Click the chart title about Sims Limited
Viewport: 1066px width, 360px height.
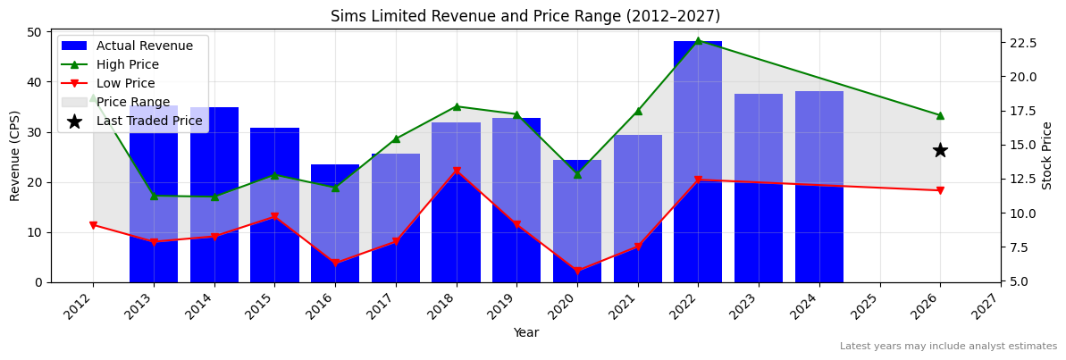pos(525,16)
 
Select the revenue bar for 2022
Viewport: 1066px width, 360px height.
pos(698,161)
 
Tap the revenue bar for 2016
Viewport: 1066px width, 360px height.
pos(335,223)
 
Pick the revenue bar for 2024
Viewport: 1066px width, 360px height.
pos(819,187)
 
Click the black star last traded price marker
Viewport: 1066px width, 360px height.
pos(940,150)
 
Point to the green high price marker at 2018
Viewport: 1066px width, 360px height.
pos(457,106)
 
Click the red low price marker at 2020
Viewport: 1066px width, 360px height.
pos(577,271)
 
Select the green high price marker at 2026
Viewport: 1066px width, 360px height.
pos(940,115)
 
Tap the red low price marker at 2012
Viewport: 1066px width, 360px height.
pos(93,225)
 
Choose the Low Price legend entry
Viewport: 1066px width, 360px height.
pos(125,84)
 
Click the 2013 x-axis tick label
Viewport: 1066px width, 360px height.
pos(147,308)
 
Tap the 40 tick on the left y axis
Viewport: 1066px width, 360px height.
pos(33,82)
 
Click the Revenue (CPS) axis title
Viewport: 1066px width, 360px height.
pos(15,155)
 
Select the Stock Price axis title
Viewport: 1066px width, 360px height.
pos(1048,155)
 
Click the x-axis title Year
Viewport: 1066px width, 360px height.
pos(525,332)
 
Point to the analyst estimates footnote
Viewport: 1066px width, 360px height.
pos(948,347)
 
